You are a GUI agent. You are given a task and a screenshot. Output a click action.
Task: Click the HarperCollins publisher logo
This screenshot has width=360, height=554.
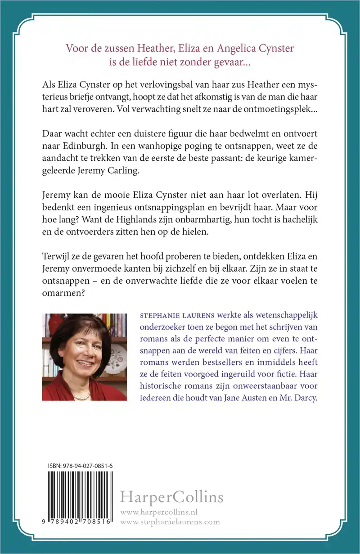click(171, 497)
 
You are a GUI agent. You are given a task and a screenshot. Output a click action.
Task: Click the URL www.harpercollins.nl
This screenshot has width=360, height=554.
click(160, 513)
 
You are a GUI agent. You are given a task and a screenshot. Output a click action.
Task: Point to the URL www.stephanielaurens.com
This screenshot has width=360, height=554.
click(171, 522)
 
